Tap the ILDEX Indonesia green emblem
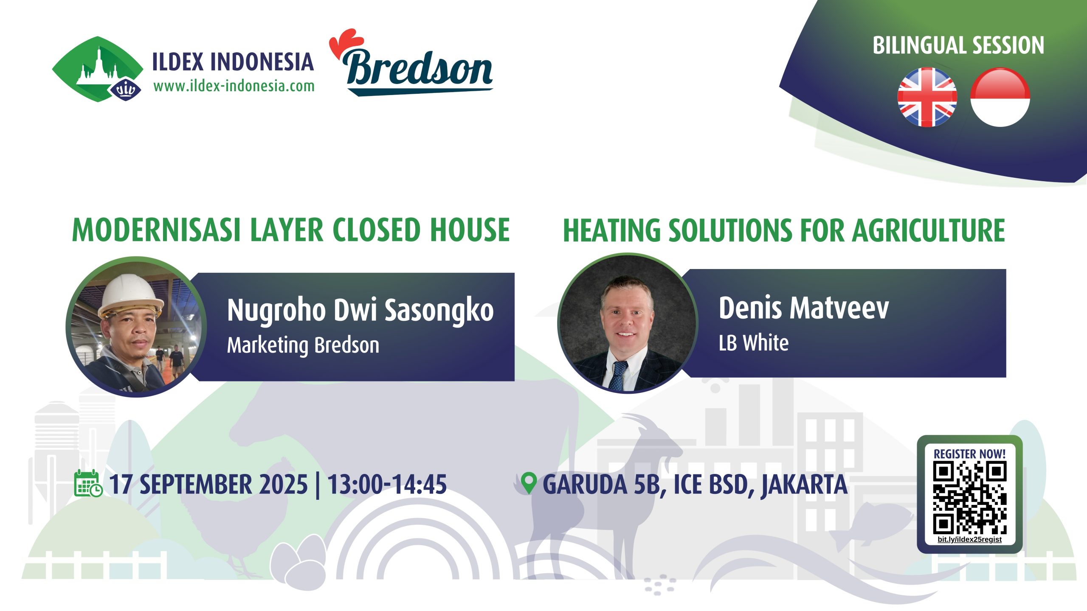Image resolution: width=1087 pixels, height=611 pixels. click(98, 69)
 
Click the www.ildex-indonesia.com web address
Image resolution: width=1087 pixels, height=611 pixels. click(234, 86)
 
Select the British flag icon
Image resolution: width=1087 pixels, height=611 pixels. click(927, 97)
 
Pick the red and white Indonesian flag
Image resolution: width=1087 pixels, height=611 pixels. click(1000, 97)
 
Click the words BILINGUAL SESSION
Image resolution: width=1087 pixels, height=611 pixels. click(958, 45)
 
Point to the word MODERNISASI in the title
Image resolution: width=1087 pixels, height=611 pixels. click(157, 230)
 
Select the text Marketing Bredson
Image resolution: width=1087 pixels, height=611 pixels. click(303, 345)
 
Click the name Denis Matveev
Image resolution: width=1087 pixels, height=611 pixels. click(804, 308)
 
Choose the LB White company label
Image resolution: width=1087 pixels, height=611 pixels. click(754, 343)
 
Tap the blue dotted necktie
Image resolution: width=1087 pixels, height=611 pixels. click(618, 376)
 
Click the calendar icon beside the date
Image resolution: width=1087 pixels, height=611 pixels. click(88, 483)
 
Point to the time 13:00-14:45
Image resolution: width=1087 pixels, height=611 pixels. click(387, 484)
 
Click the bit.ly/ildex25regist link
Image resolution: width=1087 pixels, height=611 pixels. click(970, 539)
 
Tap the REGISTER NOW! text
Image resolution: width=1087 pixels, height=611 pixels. click(970, 454)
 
